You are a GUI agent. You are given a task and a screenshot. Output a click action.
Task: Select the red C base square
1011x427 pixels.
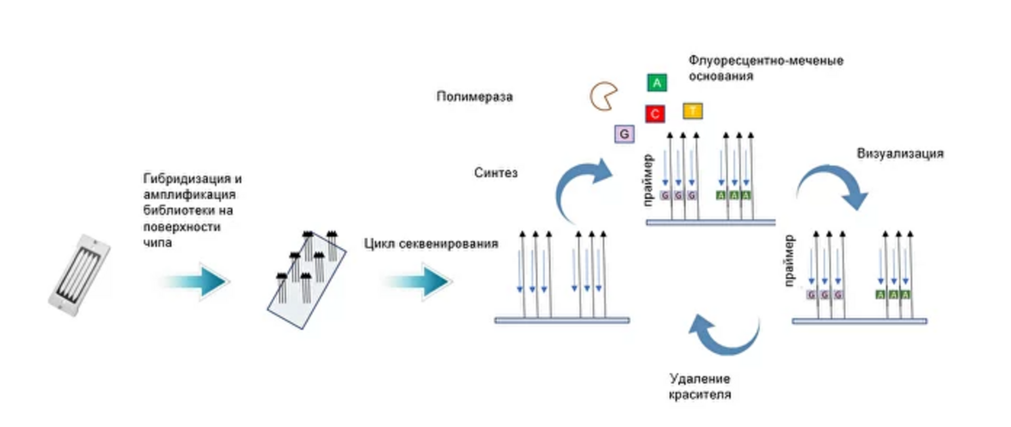tap(655, 113)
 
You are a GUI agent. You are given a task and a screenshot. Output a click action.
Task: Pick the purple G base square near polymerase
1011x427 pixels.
tap(623, 134)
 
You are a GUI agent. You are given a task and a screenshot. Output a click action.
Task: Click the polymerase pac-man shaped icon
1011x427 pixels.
tap(603, 96)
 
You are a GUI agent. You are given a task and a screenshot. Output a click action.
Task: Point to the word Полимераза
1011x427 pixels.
tap(474, 97)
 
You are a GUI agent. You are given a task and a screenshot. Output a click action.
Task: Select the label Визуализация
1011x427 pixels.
tap(900, 154)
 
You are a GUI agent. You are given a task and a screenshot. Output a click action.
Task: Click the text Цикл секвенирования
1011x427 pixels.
tap(431, 244)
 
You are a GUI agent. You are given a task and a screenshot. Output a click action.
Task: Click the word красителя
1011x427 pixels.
tap(700, 395)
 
